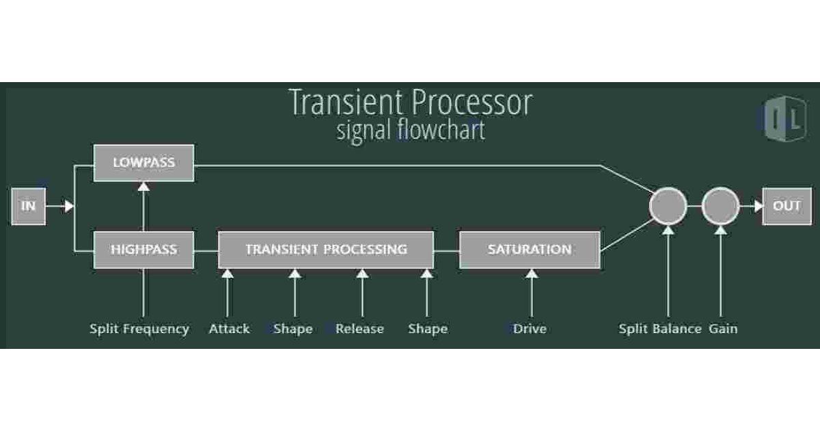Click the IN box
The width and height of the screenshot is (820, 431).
29,205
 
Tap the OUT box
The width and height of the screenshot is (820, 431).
786,205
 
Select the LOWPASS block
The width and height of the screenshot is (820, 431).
143,163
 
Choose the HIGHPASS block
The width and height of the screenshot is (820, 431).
143,250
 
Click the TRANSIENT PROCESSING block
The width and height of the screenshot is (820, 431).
326,250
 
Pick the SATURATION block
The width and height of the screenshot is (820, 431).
530,250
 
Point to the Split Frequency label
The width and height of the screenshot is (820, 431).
139,329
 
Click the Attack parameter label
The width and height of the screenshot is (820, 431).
229,329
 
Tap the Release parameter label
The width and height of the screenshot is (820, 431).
359,329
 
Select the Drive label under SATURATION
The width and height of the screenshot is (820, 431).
530,329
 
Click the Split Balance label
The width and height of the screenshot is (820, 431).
660,329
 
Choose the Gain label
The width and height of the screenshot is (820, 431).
723,329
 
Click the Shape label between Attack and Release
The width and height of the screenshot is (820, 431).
293,329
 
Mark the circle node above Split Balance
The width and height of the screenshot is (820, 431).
668,205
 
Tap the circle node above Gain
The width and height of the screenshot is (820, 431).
721,205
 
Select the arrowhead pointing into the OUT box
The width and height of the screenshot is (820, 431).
758,205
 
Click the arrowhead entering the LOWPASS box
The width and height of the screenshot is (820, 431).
143,186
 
